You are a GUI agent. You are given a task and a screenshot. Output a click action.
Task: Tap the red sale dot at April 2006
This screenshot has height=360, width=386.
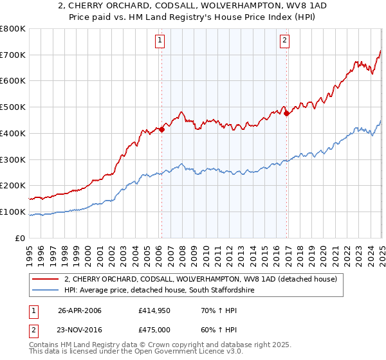[162, 129]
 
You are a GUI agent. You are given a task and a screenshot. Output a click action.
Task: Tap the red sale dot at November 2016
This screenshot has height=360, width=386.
[287, 114]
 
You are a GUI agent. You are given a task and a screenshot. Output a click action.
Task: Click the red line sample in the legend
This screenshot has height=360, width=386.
[45, 279]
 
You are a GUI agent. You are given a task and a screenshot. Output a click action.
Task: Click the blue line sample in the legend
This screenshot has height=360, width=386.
[45, 291]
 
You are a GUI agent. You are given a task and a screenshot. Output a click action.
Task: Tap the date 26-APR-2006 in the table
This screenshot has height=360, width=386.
[79, 310]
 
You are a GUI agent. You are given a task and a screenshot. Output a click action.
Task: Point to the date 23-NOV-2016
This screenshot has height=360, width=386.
[79, 330]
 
